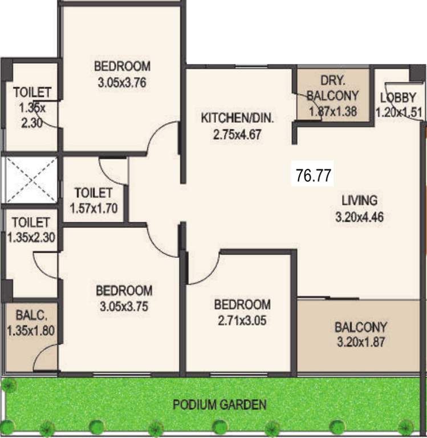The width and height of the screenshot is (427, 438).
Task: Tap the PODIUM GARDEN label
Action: point(219,405)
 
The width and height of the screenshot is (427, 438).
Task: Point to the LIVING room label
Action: point(359,201)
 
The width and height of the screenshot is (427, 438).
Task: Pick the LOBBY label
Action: point(398,97)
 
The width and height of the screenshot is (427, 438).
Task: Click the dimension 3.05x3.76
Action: point(123,82)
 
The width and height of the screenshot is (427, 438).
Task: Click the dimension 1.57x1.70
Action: point(93,208)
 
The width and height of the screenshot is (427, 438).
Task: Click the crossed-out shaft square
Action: point(30,180)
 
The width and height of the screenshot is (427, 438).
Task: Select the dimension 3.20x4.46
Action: point(359,217)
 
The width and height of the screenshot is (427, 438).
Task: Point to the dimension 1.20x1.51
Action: point(399,111)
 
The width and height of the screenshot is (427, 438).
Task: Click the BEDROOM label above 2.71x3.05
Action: point(242,304)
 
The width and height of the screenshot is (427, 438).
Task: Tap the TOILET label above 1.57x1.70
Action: point(93,193)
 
